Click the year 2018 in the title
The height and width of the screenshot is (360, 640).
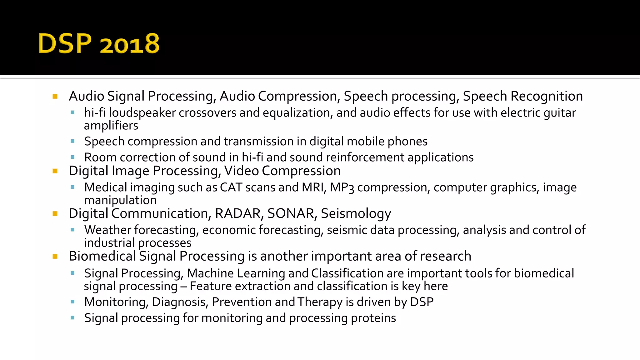point(130,44)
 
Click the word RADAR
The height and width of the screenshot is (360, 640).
point(238,214)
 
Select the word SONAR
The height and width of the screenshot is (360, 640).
point(291,214)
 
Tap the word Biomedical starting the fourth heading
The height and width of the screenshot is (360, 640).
point(102,256)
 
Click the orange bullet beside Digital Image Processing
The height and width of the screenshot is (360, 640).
point(55,171)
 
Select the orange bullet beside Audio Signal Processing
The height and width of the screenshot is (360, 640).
point(55,97)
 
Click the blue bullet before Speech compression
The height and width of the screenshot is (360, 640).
point(72,141)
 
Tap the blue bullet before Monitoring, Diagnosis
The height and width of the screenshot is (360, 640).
point(72,302)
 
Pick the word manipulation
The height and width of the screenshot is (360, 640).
point(120,200)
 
